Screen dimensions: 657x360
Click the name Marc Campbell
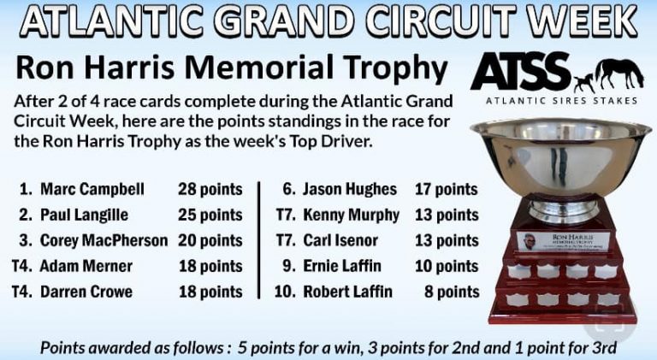point(92,189)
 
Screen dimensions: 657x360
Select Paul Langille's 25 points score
point(210,215)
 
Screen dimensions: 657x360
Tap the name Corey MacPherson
point(104,240)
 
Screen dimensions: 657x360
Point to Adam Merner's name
point(86,266)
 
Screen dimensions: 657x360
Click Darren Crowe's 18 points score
point(210,292)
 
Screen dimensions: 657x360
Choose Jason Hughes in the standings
point(350,189)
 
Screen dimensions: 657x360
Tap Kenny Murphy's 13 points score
point(447,215)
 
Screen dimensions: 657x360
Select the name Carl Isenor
point(340,240)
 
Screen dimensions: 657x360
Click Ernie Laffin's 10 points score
point(447,266)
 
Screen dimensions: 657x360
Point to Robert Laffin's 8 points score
point(452,292)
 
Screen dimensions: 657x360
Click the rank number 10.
point(286,292)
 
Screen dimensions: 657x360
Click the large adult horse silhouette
point(619,74)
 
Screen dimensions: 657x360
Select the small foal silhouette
point(584,82)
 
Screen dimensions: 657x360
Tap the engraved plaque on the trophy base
point(562,242)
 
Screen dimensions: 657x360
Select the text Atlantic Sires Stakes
point(561,101)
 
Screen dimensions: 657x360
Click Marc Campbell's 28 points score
point(210,189)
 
